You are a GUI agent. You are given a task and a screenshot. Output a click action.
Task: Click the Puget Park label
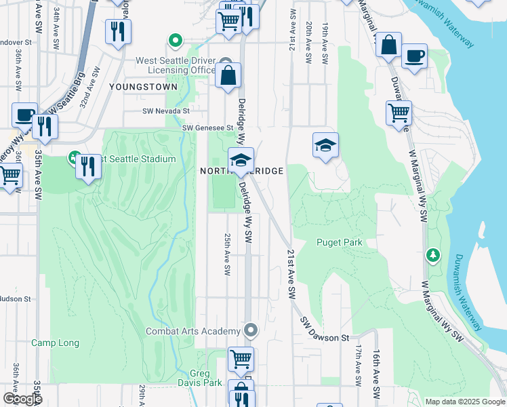point(339,242)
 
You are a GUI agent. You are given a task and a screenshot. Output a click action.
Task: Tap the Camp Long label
point(55,343)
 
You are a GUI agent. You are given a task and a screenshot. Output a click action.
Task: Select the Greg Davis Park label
point(206,378)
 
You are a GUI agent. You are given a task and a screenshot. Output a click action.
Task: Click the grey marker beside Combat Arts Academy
point(251,331)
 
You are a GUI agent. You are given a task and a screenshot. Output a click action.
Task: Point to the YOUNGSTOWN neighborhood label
point(142,87)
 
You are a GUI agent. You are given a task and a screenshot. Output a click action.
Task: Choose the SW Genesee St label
point(207,128)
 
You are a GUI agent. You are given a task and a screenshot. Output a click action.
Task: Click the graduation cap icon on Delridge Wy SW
point(241,160)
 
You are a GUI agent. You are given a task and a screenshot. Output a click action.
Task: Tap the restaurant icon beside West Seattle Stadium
point(88,165)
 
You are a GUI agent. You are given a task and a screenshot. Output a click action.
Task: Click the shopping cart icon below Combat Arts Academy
point(241,360)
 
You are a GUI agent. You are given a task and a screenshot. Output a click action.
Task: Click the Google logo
point(22,399)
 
